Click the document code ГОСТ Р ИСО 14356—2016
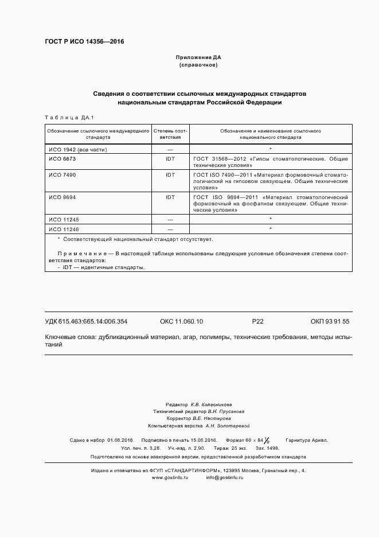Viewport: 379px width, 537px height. click(84, 42)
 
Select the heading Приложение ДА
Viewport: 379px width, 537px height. click(198, 58)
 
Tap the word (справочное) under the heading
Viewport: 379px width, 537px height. click(198, 65)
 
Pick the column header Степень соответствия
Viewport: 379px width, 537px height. click(170, 134)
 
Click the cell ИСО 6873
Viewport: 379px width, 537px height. click(62, 158)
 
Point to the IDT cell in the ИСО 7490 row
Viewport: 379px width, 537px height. click(170, 174)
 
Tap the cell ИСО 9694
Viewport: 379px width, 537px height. click(62, 197)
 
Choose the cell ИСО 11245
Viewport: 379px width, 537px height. click(63, 219)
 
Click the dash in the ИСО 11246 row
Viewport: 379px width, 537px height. click(170, 228)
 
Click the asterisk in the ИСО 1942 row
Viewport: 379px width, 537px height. click(270, 149)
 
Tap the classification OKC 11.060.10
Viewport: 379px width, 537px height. click(181, 321)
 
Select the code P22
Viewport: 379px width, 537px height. click(257, 321)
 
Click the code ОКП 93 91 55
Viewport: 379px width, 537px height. click(330, 321)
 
